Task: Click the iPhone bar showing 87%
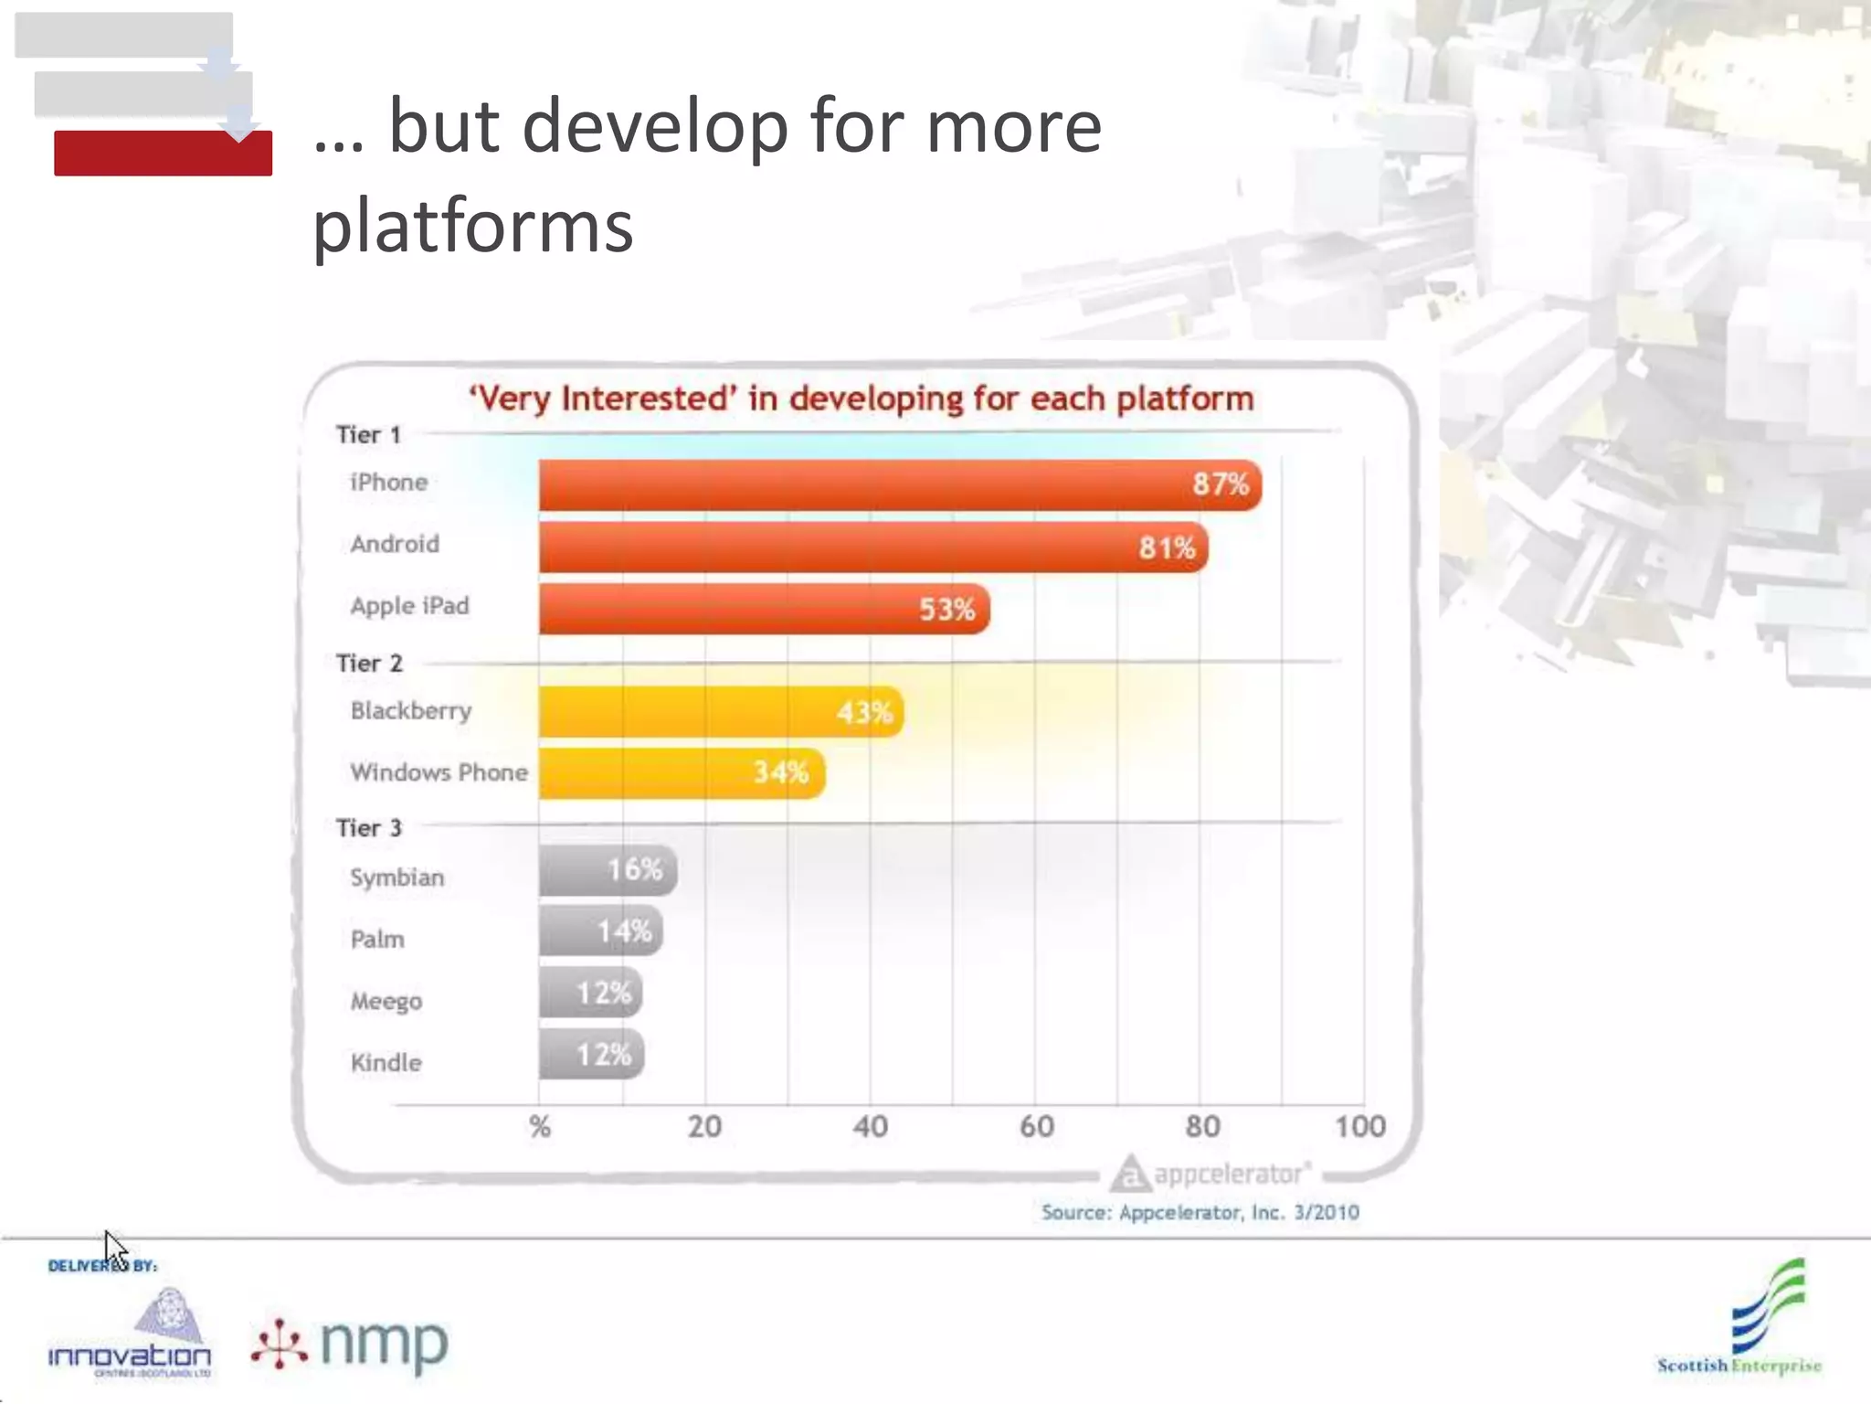(900, 484)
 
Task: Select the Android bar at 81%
(872, 547)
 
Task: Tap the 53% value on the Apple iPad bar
(946, 609)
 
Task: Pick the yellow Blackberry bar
(720, 711)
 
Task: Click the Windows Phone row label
(439, 772)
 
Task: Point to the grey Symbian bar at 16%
(608, 870)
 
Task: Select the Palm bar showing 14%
(600, 931)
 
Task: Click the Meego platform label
(386, 1001)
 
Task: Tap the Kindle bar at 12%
(591, 1055)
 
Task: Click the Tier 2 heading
(369, 663)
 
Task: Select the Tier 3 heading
(369, 827)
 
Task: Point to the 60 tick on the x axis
(1036, 1126)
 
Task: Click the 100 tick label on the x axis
(1359, 1126)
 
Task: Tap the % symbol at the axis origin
(540, 1126)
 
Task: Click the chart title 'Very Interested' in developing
(861, 399)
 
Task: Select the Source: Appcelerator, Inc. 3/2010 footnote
(1200, 1212)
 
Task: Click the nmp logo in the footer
(351, 1344)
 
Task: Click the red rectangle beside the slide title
(163, 154)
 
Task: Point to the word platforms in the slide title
(473, 225)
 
